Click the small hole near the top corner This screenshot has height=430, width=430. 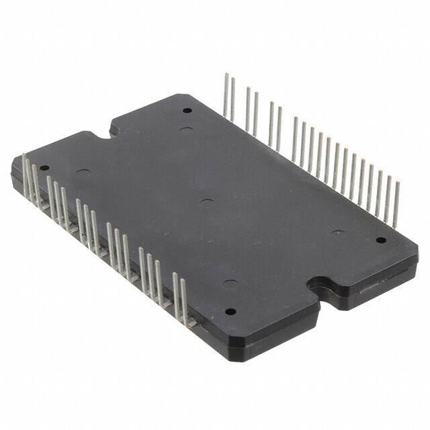pos(187,110)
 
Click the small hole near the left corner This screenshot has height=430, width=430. pos(44,168)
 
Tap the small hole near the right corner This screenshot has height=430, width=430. pos(380,240)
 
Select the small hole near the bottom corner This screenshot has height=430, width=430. pos(230,312)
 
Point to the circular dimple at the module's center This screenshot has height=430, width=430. pos(207,202)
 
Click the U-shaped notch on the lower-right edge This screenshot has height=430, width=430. pos(321,286)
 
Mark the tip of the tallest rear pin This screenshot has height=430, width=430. pos(226,75)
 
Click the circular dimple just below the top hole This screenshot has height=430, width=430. pos(187,129)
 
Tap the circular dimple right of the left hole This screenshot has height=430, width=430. pos(83,173)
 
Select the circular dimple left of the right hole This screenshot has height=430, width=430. pos(338,233)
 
